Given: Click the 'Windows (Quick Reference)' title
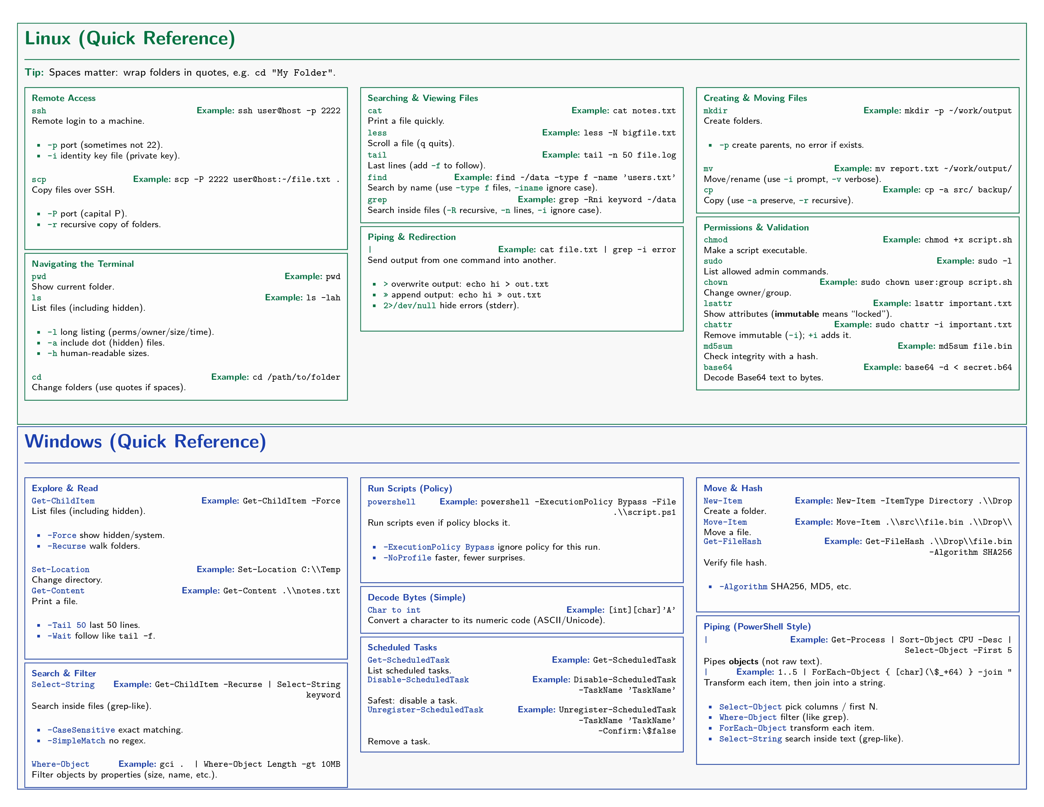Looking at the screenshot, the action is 145,441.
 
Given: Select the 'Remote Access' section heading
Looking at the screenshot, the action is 64,98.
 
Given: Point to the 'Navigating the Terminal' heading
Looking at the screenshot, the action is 83,264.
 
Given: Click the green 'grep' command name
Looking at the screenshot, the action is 377,200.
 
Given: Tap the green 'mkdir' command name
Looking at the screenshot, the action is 715,111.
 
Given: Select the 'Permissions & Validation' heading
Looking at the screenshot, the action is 756,228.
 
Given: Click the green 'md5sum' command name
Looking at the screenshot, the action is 718,346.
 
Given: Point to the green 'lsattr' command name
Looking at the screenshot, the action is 718,303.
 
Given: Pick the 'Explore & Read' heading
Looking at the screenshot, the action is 65,488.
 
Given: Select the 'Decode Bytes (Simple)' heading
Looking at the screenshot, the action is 416,597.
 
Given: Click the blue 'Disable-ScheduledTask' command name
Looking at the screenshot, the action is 418,680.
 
